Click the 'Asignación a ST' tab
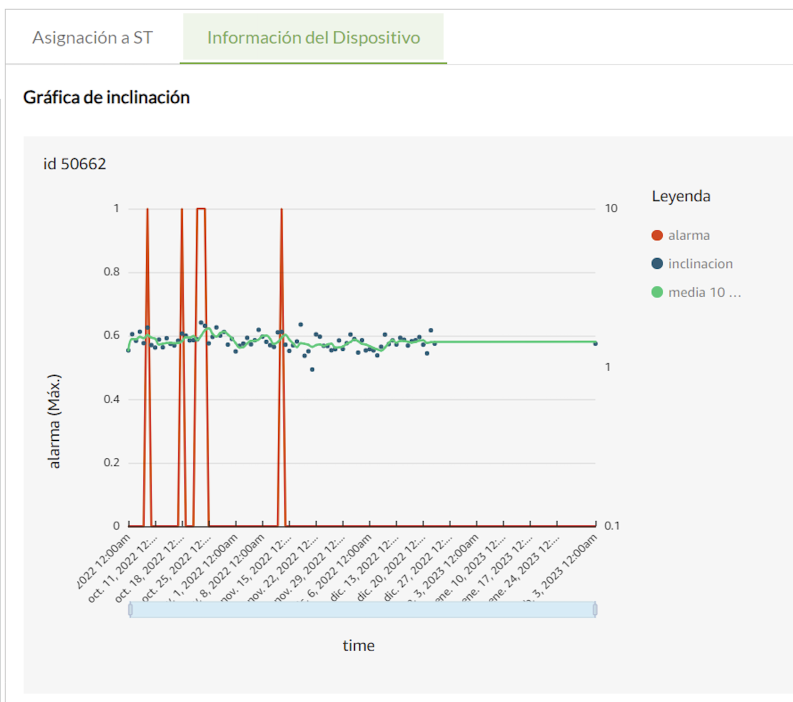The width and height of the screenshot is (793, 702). tap(92, 38)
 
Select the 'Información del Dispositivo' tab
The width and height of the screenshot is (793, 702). tap(313, 38)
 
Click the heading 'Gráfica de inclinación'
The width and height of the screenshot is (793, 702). tap(106, 97)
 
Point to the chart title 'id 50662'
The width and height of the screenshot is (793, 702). tap(74, 164)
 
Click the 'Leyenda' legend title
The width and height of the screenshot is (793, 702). tap(681, 196)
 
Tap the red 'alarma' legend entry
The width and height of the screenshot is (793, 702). tap(688, 235)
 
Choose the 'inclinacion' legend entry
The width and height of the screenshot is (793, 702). tap(700, 264)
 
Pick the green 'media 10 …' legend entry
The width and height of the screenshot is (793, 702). tap(704, 292)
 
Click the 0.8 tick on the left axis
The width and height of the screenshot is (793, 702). tap(111, 272)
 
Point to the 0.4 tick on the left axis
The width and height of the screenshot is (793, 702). tap(111, 399)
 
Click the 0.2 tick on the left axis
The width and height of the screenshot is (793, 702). tap(111, 462)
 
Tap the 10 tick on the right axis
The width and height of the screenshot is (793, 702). tap(611, 208)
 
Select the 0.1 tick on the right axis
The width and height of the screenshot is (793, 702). tap(611, 525)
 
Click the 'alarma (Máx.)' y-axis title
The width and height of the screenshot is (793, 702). tap(54, 421)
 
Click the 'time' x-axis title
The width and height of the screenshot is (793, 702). tap(358, 645)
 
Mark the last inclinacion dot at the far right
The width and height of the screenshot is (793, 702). tap(595, 343)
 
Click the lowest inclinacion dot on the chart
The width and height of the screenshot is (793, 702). tap(312, 369)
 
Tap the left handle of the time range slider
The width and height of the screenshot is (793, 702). tap(130, 609)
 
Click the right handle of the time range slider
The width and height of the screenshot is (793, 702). tap(595, 609)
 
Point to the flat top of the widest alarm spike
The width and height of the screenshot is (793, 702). tap(201, 208)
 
